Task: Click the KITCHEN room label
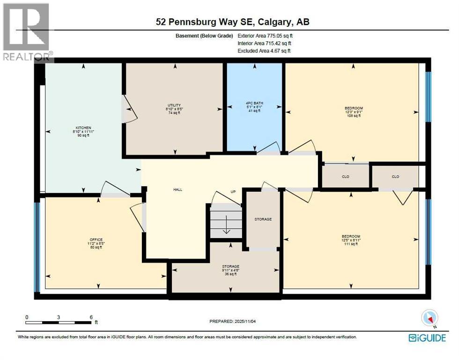[x=84, y=127]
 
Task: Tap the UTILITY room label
[x=174, y=105]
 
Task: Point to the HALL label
[x=178, y=190]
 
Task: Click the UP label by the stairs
[x=233, y=192]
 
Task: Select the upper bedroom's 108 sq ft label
[x=354, y=116]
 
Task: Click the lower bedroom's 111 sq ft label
[x=351, y=244]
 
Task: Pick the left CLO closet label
[x=346, y=177]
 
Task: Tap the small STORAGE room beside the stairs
[x=263, y=219]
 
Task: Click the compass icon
[x=429, y=318]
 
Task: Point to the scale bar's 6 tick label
[x=91, y=317]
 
